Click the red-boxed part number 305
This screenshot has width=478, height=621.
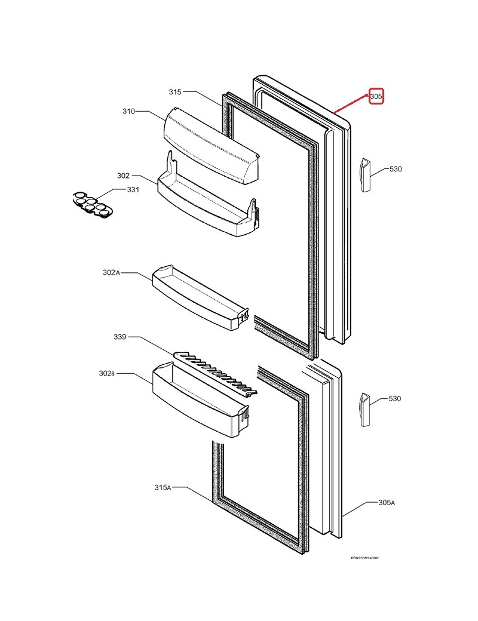tap(375, 96)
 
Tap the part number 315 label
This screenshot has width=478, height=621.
tap(175, 92)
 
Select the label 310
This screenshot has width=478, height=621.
tap(128, 111)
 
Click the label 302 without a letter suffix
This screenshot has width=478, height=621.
tap(123, 176)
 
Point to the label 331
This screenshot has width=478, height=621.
tap(133, 190)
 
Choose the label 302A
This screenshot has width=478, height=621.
tap(111, 272)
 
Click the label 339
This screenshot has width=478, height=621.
tap(119, 337)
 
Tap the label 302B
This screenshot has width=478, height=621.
tap(106, 373)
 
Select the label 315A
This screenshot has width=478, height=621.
tap(162, 488)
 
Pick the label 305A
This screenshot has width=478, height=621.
tap(387, 503)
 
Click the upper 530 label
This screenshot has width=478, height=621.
tap(396, 169)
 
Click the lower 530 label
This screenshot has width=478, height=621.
tap(396, 398)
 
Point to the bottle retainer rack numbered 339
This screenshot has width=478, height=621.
tap(215, 374)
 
